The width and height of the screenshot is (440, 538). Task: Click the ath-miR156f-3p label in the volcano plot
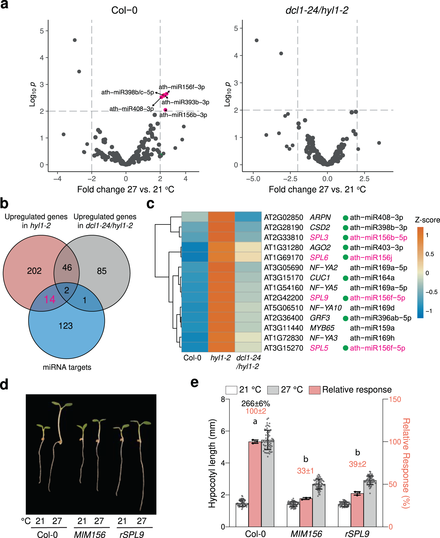point(182,87)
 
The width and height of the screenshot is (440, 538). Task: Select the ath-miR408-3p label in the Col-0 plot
point(131,109)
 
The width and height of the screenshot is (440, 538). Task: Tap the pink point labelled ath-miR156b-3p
point(165,110)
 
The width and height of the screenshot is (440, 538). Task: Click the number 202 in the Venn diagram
point(34,271)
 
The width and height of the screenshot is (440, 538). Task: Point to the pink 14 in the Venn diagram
point(49,299)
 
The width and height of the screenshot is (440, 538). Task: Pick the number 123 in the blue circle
point(66,326)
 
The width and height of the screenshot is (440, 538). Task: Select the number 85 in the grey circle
point(102,271)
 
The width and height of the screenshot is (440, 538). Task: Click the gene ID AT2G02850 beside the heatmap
point(283,218)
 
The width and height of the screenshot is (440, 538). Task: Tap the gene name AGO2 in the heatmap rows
point(320,248)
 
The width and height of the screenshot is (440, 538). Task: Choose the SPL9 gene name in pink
point(319,298)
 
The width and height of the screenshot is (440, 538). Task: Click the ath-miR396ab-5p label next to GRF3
point(380,318)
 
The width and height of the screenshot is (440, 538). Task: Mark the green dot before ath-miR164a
point(345,278)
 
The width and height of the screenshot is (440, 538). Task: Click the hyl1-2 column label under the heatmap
point(220,358)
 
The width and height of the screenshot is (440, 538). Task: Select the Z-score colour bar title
point(427,220)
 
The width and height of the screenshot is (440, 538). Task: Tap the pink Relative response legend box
point(315,390)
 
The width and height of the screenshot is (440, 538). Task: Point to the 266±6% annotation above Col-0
point(255,403)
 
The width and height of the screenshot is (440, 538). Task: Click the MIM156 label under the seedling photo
point(90,534)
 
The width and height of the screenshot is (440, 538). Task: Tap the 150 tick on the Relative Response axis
point(395,399)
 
